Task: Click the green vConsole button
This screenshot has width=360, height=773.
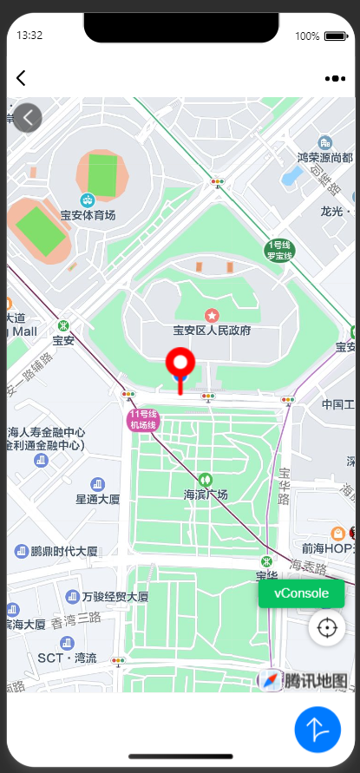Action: click(301, 593)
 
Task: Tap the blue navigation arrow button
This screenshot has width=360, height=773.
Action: click(317, 730)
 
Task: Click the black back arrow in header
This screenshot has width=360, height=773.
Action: click(21, 78)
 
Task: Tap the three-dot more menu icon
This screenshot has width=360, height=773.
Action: click(335, 78)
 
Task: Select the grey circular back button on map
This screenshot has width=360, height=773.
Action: click(28, 117)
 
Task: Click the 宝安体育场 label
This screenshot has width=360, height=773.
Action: click(88, 214)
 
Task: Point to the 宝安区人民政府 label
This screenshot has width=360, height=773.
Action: click(212, 330)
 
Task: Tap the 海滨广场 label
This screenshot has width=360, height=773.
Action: click(206, 495)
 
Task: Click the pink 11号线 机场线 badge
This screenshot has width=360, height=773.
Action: click(142, 420)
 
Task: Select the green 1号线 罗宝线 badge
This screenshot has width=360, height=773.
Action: click(280, 251)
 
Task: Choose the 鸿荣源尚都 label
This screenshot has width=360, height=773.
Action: click(324, 157)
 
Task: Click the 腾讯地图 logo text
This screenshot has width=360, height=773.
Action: click(316, 680)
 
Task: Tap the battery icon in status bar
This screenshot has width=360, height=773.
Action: click(335, 36)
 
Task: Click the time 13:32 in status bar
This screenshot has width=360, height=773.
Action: click(29, 36)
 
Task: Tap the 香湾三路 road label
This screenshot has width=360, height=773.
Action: click(76, 620)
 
